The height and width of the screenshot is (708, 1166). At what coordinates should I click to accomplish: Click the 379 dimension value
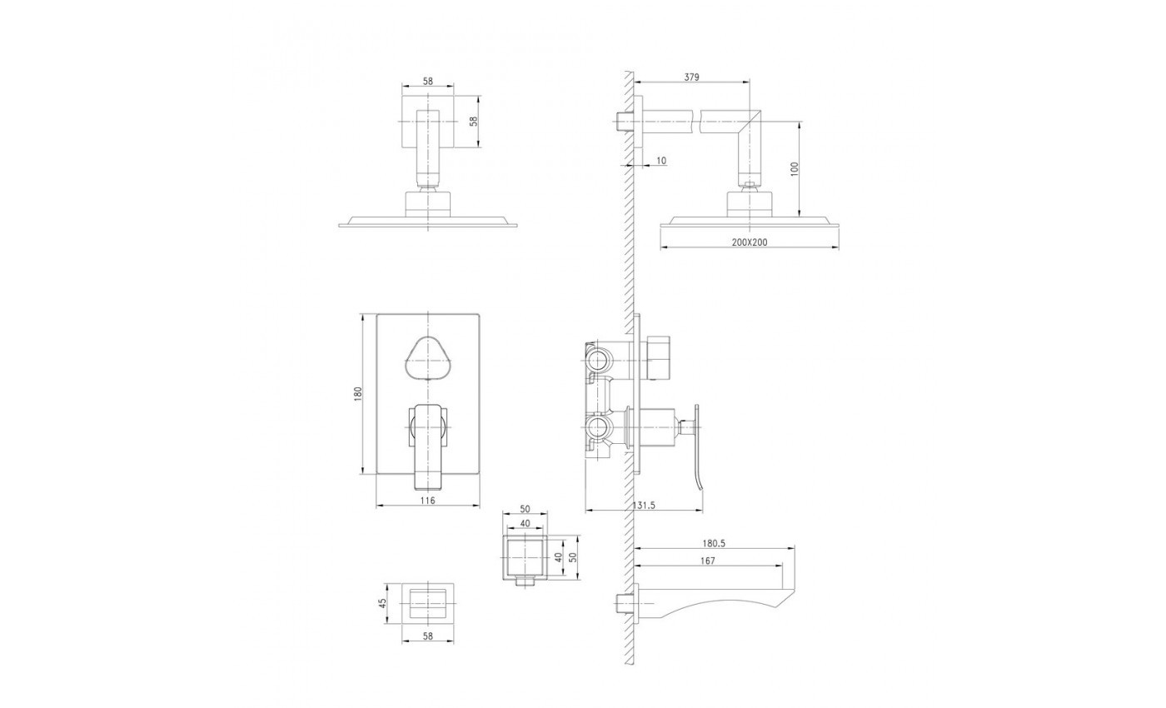[x=691, y=77]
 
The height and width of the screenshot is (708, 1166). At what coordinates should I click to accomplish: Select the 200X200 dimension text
[x=749, y=242]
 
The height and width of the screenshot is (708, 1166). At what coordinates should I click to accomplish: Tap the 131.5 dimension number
[x=644, y=505]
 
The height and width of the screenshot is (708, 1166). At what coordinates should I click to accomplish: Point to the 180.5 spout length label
[x=714, y=543]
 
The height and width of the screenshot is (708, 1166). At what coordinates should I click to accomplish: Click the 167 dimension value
[x=708, y=561]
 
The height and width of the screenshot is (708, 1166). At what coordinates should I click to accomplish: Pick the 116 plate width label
[x=427, y=501]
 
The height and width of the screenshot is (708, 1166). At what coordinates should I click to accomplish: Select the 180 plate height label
[x=357, y=394]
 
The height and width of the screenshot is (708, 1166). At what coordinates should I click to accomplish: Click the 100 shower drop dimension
[x=794, y=169]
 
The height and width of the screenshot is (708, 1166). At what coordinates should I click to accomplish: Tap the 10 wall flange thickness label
[x=661, y=161]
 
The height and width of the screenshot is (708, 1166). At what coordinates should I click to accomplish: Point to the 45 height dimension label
[x=382, y=603]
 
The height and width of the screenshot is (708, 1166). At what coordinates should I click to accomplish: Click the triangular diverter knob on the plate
[x=427, y=357]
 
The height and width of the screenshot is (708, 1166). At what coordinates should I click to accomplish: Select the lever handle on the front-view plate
[x=428, y=446]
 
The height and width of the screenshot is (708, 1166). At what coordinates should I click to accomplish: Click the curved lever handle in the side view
[x=696, y=448]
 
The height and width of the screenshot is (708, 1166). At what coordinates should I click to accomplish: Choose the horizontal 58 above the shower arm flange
[x=427, y=82]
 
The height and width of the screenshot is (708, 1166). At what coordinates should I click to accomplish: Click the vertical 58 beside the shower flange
[x=473, y=122]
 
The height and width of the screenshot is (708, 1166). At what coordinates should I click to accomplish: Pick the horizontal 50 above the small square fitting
[x=525, y=509]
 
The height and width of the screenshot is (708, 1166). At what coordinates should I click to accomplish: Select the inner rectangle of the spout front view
[x=428, y=603]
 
